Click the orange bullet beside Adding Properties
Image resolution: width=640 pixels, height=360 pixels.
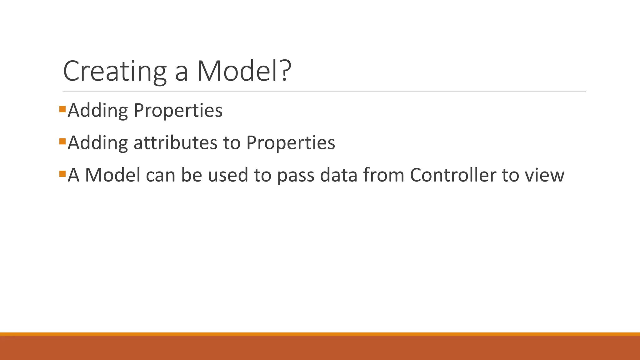[62, 109]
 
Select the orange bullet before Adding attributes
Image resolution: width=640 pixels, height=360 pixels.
[62, 141]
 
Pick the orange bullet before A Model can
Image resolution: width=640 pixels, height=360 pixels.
[62, 173]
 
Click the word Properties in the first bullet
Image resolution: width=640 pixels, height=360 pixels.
[178, 111]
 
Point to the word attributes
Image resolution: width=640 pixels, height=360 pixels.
[175, 143]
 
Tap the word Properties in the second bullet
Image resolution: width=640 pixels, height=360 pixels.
[290, 143]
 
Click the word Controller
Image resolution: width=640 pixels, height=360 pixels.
[452, 175]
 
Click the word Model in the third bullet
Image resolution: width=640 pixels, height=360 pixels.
[112, 175]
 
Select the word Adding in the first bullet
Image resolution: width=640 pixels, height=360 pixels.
[97, 111]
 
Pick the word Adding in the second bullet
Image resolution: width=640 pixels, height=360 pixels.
[97, 143]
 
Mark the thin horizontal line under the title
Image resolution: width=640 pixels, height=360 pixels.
[324, 91]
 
